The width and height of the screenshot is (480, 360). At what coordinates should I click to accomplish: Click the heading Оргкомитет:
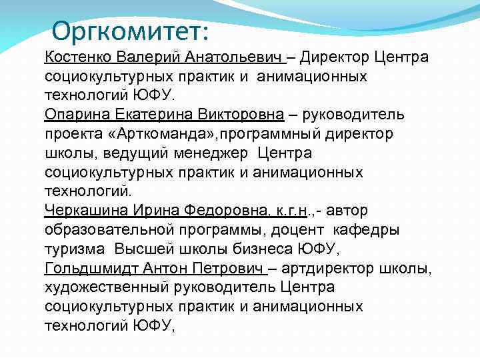(x=130, y=31)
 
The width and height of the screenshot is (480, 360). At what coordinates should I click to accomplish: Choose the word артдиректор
(x=324, y=269)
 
